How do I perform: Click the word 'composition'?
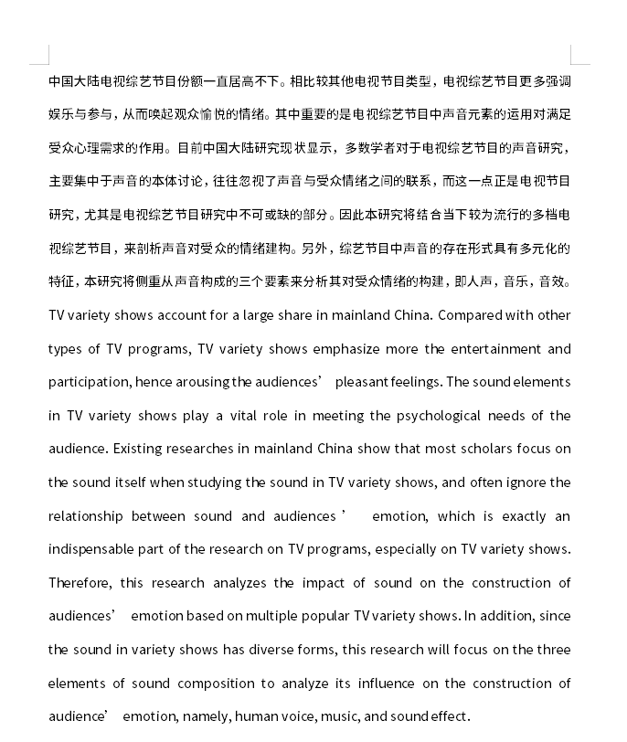click(216, 684)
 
